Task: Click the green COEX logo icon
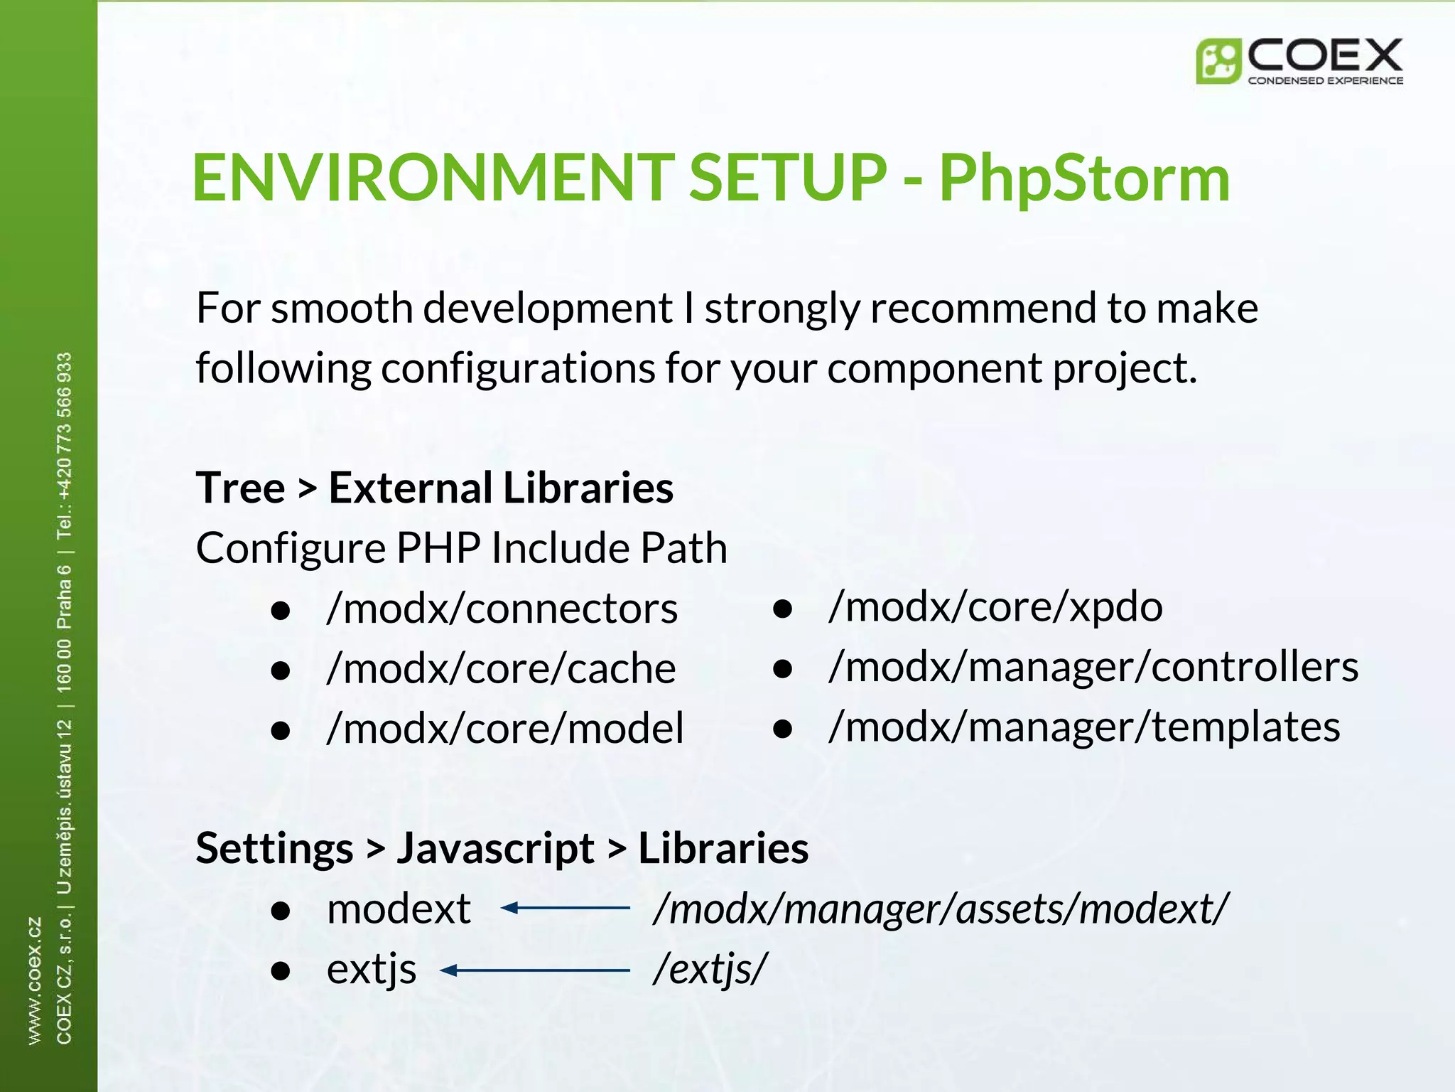[1218, 61]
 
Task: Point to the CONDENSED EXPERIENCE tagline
[1325, 81]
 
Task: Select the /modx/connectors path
[502, 609]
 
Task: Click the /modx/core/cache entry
[501, 669]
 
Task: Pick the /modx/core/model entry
[504, 729]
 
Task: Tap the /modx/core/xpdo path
[995, 607]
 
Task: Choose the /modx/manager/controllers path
[1093, 668]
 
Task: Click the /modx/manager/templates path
[1083, 727]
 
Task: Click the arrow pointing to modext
[565, 908]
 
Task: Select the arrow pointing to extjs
[534, 970]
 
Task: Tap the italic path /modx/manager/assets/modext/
[939, 909]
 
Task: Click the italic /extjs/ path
[710, 969]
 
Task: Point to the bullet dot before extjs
[281, 971]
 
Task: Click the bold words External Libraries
[500, 488]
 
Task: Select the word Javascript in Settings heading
[495, 849]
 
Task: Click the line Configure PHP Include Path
[461, 548]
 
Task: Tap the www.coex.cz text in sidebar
[34, 981]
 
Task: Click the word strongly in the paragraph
[781, 309]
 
